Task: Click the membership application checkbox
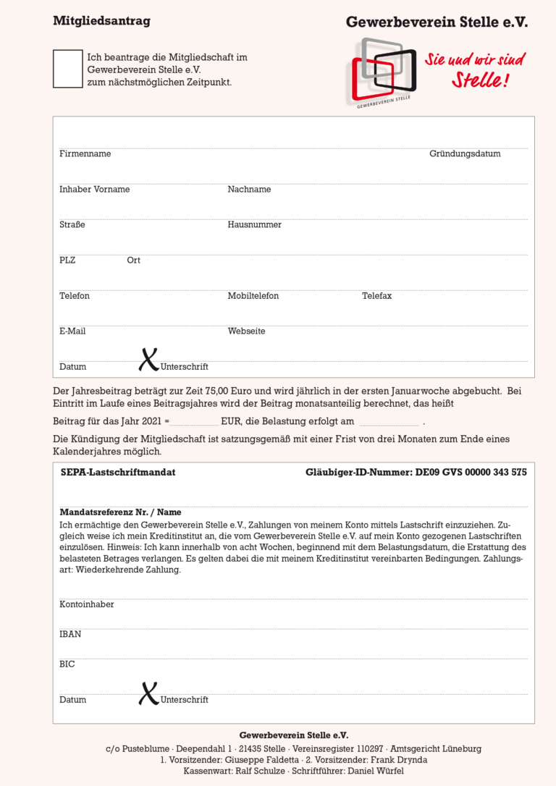[68, 69]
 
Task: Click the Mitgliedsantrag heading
[101, 21]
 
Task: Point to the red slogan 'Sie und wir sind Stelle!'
[475, 69]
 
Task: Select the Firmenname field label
[85, 154]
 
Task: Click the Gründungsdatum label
[465, 154]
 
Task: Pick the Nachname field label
[249, 190]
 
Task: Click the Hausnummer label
[254, 225]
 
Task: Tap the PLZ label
[67, 261]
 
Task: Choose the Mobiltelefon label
[253, 296]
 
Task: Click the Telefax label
[376, 296]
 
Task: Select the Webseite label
[246, 331]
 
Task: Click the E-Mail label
[72, 331]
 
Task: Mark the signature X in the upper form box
[148, 359]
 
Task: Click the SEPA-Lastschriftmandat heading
[118, 473]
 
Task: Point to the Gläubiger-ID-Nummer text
[416, 473]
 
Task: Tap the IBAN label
[70, 635]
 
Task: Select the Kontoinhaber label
[87, 605]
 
